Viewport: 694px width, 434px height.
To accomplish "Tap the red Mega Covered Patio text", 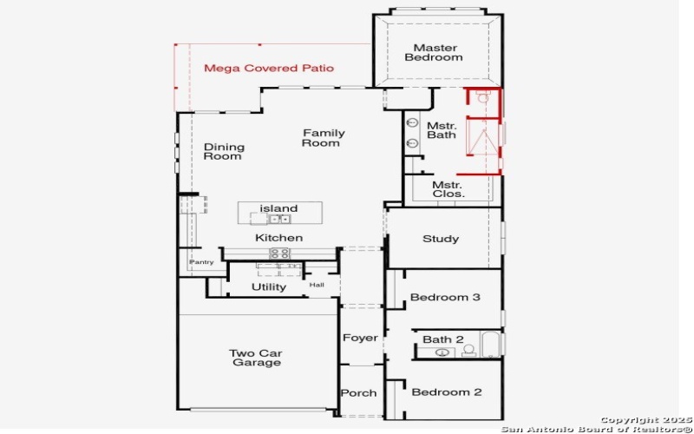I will click(x=268, y=68).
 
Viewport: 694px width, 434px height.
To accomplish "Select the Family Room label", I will click(x=323, y=138).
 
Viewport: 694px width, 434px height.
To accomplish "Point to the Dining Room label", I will click(x=224, y=152).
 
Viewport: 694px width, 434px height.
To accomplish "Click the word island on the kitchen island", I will click(x=278, y=208).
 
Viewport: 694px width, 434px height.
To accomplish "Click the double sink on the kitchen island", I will click(x=278, y=219).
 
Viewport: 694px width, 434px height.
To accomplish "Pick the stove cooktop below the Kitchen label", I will click(x=279, y=253).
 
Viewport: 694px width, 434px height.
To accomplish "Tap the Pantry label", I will click(x=201, y=262).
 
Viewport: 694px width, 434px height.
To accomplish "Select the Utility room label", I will click(x=269, y=287).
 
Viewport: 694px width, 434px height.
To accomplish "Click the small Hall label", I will click(x=317, y=285).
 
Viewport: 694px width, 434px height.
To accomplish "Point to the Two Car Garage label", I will click(x=256, y=358).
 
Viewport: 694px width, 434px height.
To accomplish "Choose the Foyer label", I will click(x=360, y=338).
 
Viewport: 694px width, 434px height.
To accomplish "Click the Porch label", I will click(x=358, y=393).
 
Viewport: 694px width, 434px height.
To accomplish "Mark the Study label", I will click(x=441, y=239).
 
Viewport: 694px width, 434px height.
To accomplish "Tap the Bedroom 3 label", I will click(x=445, y=298).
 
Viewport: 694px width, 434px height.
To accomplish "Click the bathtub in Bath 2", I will click(x=490, y=345).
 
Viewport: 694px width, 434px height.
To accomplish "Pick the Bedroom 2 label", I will click(x=446, y=392).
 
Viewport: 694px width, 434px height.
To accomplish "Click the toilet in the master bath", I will click(x=483, y=98).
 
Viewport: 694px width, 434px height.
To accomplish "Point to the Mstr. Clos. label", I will click(x=448, y=189).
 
